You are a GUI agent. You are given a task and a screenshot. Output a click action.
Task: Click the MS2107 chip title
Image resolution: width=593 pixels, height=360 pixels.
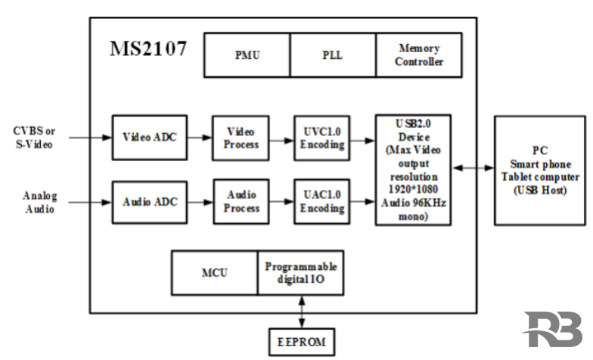[x=148, y=50]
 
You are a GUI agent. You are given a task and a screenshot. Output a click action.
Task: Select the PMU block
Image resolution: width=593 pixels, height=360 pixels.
[x=247, y=54]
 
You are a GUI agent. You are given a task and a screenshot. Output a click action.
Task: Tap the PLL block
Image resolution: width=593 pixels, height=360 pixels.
[x=333, y=54]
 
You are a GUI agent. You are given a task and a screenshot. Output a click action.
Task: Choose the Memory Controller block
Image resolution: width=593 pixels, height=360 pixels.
[x=418, y=54]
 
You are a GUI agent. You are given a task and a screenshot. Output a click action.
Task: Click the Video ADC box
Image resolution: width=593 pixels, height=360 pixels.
[x=149, y=138]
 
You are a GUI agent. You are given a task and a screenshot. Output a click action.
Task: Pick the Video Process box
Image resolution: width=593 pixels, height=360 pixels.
[x=241, y=138]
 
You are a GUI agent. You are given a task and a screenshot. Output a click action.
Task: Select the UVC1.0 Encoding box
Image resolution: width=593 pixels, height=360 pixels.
[x=321, y=138]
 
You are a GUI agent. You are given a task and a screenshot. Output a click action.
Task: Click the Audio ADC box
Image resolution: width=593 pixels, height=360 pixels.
[x=149, y=202]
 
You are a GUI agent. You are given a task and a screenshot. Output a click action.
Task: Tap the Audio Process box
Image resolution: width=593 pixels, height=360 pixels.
[x=241, y=202]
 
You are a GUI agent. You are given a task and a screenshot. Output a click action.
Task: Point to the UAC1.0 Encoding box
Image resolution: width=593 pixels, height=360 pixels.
[x=321, y=202]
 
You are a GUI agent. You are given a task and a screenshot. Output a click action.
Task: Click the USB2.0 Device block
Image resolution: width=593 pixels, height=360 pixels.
[x=413, y=169]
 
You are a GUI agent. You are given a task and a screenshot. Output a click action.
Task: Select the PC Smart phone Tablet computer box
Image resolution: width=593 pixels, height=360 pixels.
[x=539, y=170]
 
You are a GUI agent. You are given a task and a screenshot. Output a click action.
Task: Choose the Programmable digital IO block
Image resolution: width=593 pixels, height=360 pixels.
[x=300, y=273]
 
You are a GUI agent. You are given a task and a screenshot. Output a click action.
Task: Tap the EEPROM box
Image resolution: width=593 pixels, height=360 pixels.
[x=300, y=342]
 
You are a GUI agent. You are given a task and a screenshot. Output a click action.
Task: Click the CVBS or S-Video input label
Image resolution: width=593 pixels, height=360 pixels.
[x=34, y=138]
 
